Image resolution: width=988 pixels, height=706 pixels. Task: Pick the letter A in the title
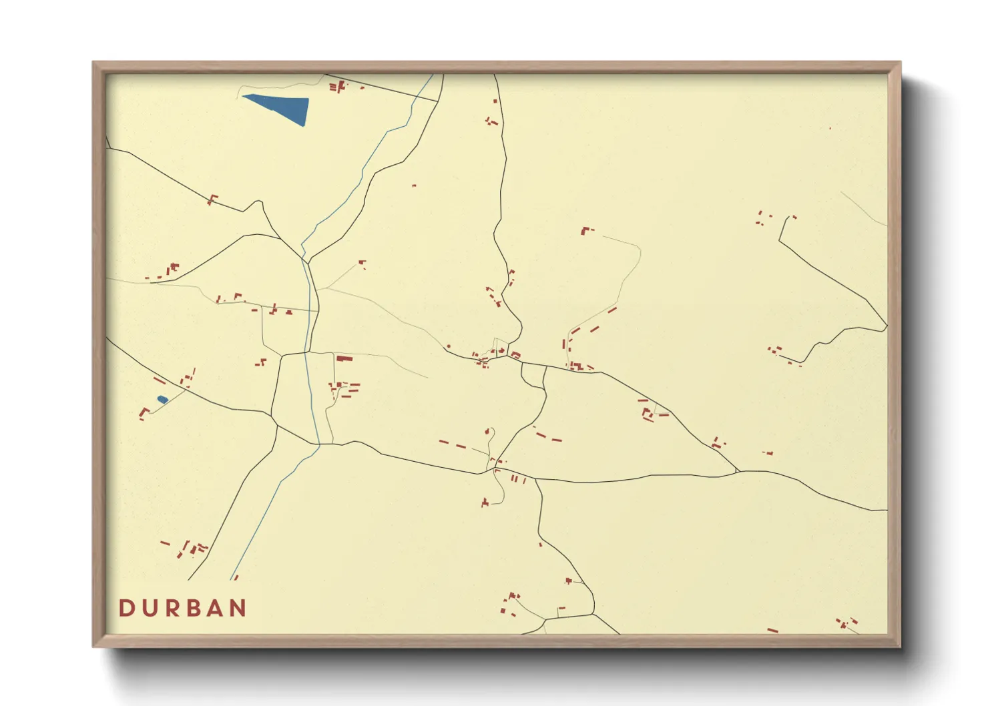[217, 608]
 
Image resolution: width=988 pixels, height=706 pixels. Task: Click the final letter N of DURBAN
[238, 608]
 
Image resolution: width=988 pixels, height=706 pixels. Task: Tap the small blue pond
[162, 400]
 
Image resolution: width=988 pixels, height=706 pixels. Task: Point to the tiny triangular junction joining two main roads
[736, 471]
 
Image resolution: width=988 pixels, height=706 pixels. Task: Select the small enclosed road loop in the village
[533, 376]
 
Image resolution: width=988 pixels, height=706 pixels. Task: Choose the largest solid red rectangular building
[344, 358]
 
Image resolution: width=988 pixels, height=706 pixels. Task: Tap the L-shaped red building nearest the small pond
[144, 412]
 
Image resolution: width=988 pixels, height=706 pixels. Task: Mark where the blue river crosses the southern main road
[318, 444]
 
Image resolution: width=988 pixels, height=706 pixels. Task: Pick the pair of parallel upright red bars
[514, 478]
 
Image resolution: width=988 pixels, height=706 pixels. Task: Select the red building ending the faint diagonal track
[362, 262]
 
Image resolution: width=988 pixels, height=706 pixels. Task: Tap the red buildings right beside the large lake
[337, 86]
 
